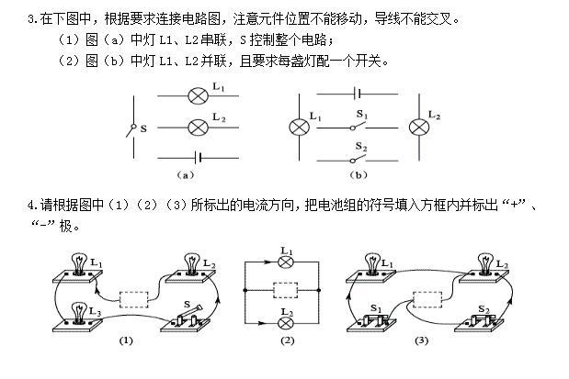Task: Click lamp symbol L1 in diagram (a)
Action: pos(196,95)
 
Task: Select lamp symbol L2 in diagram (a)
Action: pos(196,126)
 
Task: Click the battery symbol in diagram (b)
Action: pos(354,94)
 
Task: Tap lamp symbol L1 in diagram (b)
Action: pos(297,127)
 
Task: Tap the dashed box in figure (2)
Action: pos(287,291)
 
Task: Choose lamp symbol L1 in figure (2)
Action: pos(287,262)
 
